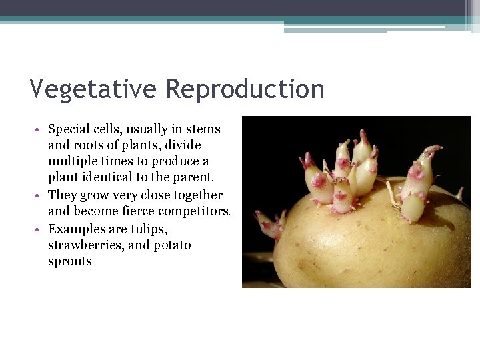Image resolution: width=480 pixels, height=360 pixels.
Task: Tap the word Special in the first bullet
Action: [69, 129]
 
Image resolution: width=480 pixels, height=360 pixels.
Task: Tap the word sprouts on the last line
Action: [70, 261]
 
